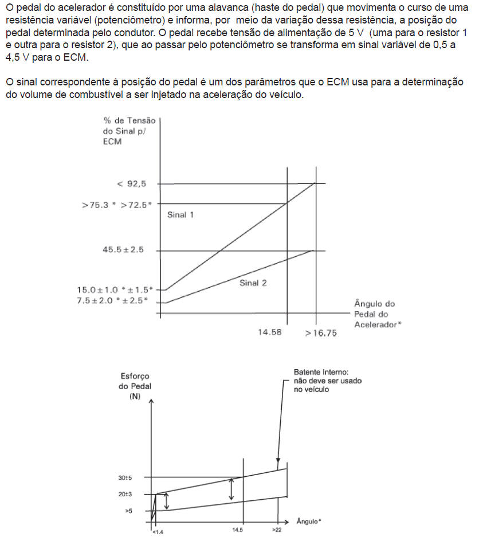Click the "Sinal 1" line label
pos(180,215)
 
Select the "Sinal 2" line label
pos(253,283)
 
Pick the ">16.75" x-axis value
pos(320,333)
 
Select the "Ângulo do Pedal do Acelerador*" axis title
pos(375,314)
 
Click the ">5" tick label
pos(129,509)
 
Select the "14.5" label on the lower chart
pos(238,531)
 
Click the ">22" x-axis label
pos(277,531)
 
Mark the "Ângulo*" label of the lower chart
pos(309,521)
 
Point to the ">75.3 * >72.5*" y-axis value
pos(117,204)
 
